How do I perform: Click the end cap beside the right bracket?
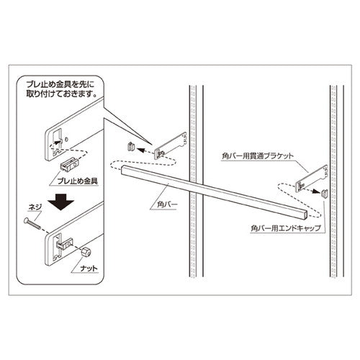point(325,192)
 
